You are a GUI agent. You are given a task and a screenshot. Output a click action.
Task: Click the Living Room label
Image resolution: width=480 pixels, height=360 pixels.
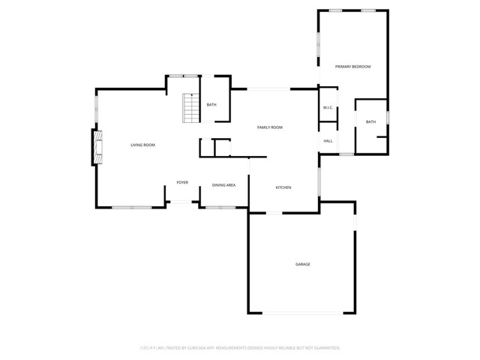pyautogui.click(x=142, y=145)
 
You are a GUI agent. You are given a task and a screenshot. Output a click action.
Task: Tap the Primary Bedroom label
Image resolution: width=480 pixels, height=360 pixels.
pyautogui.click(x=352, y=67)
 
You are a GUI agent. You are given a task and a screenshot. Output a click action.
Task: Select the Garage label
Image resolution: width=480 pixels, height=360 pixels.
pyautogui.click(x=302, y=264)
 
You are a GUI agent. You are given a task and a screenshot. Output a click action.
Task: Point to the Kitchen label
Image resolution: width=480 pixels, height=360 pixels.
pyautogui.click(x=283, y=187)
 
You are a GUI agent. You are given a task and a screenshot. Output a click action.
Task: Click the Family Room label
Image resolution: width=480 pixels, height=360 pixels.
pyautogui.click(x=270, y=127)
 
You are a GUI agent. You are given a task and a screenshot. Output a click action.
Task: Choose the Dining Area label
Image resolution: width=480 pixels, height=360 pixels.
pyautogui.click(x=223, y=184)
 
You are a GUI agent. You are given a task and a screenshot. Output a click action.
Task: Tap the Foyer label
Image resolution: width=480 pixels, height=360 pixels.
pyautogui.click(x=182, y=182)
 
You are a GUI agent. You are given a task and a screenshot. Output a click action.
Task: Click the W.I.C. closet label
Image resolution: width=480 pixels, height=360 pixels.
pyautogui.click(x=328, y=108)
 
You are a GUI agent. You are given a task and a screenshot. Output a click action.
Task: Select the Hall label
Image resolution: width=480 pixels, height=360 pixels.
pyautogui.click(x=328, y=141)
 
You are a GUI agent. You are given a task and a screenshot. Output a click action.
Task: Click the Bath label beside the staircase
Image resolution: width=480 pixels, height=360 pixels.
pyautogui.click(x=211, y=104)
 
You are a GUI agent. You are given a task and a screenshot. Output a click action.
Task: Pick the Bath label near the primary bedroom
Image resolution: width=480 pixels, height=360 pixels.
pyautogui.click(x=370, y=121)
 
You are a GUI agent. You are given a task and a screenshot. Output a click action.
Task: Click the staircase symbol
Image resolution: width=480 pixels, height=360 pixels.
pyautogui.click(x=192, y=109)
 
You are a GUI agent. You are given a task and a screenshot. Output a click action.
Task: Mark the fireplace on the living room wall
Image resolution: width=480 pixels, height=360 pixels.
pyautogui.click(x=95, y=148)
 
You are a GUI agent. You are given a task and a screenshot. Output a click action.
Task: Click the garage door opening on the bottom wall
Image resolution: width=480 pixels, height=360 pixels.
pyautogui.click(x=301, y=313)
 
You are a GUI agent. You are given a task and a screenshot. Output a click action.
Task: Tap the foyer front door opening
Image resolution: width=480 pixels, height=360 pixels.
pyautogui.click(x=182, y=202)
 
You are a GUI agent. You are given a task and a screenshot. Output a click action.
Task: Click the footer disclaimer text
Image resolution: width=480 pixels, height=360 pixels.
pyautogui.click(x=240, y=348)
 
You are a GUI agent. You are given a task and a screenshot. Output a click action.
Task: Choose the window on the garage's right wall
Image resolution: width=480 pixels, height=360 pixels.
pyautogui.click(x=355, y=224)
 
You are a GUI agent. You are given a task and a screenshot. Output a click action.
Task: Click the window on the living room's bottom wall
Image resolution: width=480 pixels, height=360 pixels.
pyautogui.click(x=132, y=207)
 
